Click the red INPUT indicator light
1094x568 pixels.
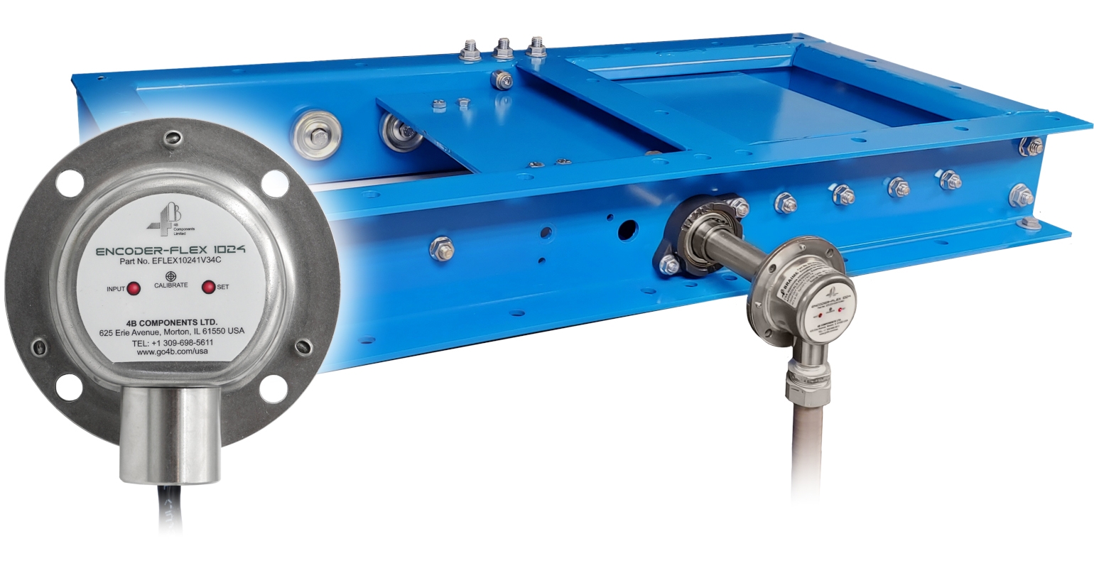click(x=133, y=288)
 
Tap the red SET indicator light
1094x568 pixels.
click(x=209, y=288)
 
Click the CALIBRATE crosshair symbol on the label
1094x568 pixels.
click(x=170, y=275)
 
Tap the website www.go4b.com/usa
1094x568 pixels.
click(x=173, y=353)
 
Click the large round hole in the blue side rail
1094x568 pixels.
click(x=627, y=229)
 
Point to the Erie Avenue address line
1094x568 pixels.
click(x=171, y=332)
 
